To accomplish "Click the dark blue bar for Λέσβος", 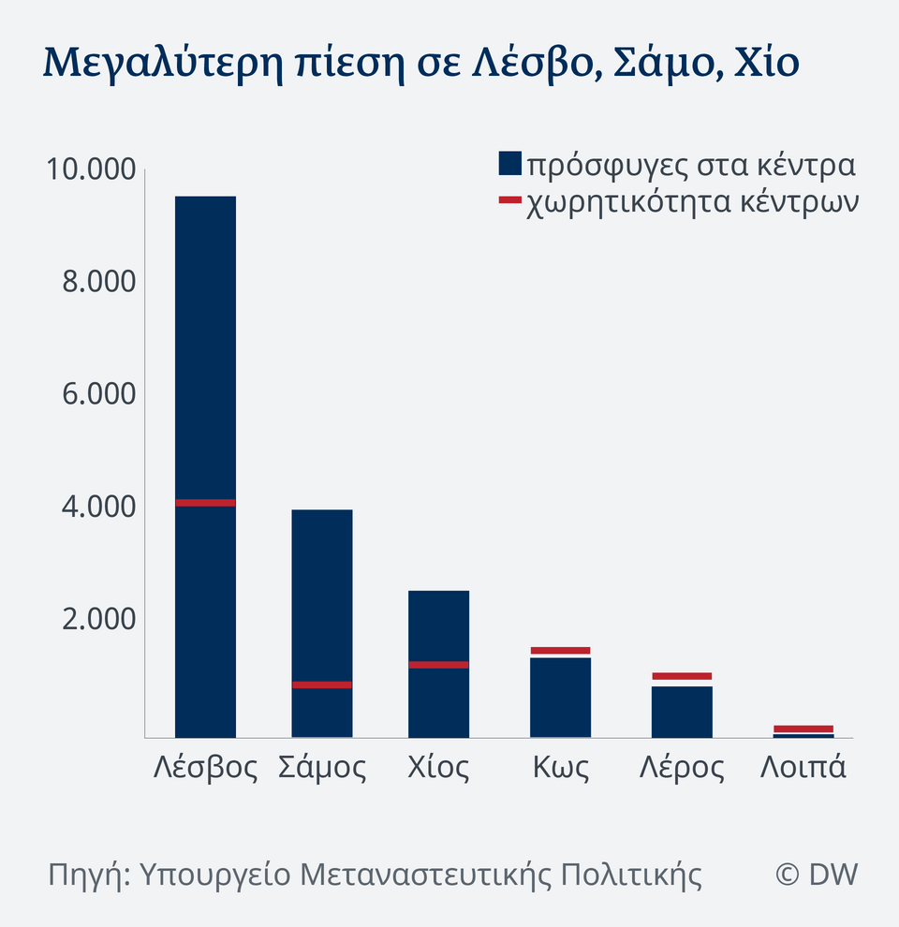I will click(205, 375).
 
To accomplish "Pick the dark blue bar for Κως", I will click(560, 698).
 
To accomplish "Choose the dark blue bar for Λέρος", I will click(682, 713).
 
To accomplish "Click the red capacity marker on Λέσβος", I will click(205, 503).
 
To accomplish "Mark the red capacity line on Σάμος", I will click(322, 684).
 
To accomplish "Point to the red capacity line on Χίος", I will click(438, 665).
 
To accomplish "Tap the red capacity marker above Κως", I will click(560, 650).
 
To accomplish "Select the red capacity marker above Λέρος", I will click(682, 676).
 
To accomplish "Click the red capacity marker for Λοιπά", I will click(803, 728).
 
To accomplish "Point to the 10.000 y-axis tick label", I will click(90, 170).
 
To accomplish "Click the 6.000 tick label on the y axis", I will click(99, 394).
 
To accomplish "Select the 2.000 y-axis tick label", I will click(99, 619).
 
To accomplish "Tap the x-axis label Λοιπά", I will click(803, 768).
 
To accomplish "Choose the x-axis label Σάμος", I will click(322, 768).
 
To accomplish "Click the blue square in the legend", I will click(509, 164).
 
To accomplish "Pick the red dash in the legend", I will click(509, 199).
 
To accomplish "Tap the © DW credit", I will click(817, 875).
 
